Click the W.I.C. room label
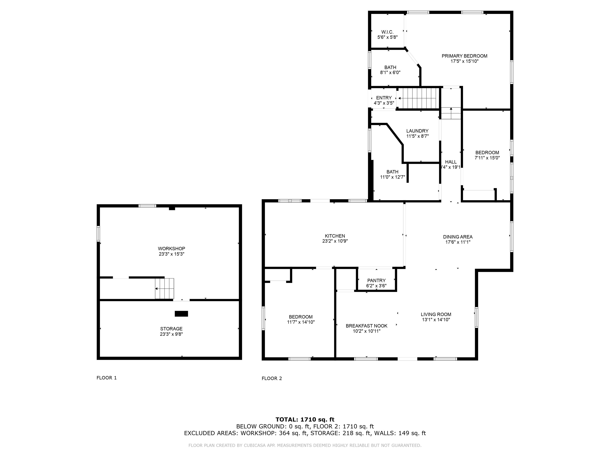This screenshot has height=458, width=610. tap(387, 32)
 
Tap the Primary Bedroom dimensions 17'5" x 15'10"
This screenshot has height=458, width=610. tap(464, 61)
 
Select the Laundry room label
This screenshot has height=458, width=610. tap(417, 131)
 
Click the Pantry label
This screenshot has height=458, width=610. tap(376, 280)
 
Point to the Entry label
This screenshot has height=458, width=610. tap(384, 98)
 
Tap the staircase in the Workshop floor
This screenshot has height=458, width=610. tap(165, 288)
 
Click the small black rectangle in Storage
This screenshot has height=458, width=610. tap(181, 314)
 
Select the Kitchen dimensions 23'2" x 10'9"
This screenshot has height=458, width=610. tap(335, 241)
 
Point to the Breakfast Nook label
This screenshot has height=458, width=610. tap(367, 326)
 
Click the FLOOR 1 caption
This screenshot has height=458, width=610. tap(106, 378)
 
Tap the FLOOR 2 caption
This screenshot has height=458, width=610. tap(272, 378)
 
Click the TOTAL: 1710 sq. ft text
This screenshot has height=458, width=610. tap(305, 420)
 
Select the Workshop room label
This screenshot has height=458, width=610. tap(171, 248)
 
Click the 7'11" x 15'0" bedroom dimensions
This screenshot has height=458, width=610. tap(487, 158)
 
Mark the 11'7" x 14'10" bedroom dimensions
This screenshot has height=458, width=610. tap(301, 322)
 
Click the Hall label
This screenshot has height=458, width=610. tap(451, 162)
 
